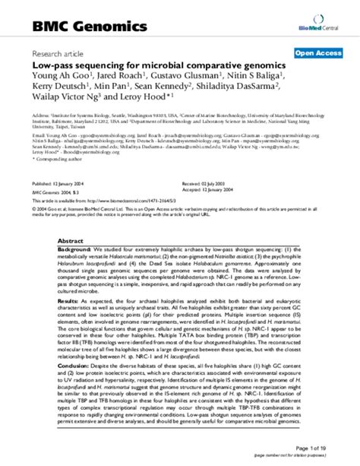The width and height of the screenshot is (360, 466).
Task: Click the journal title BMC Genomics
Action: (x=80, y=27)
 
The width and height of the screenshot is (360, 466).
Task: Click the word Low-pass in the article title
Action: (x=53, y=66)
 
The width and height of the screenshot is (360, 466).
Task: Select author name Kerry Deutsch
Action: (x=58, y=88)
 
